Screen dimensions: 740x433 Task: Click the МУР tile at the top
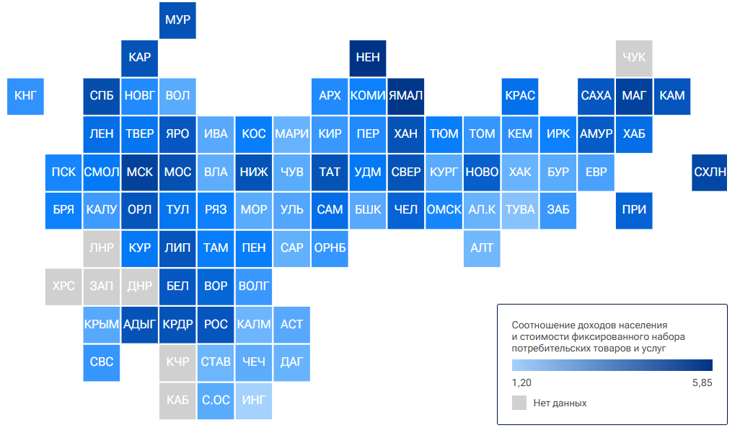[177, 20]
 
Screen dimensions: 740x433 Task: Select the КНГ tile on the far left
[25, 96]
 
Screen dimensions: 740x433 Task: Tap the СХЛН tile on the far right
[710, 172]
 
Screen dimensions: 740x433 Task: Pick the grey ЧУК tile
[634, 58]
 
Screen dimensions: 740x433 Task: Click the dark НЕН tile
[368, 58]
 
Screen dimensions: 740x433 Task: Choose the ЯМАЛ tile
[406, 96]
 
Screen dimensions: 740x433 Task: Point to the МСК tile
[140, 172]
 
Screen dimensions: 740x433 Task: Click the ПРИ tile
[634, 211]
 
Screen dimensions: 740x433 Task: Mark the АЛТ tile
[482, 249]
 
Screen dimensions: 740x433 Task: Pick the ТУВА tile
[520, 211]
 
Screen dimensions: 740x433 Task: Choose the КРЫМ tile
[102, 325]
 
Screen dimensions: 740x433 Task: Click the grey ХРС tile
[63, 287]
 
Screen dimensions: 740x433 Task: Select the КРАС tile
[520, 96]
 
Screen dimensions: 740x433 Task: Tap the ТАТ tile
[330, 172]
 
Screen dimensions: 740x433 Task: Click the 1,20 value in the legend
[521, 383]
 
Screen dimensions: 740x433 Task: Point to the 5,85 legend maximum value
[702, 383]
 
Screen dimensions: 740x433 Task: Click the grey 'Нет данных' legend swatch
[519, 403]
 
